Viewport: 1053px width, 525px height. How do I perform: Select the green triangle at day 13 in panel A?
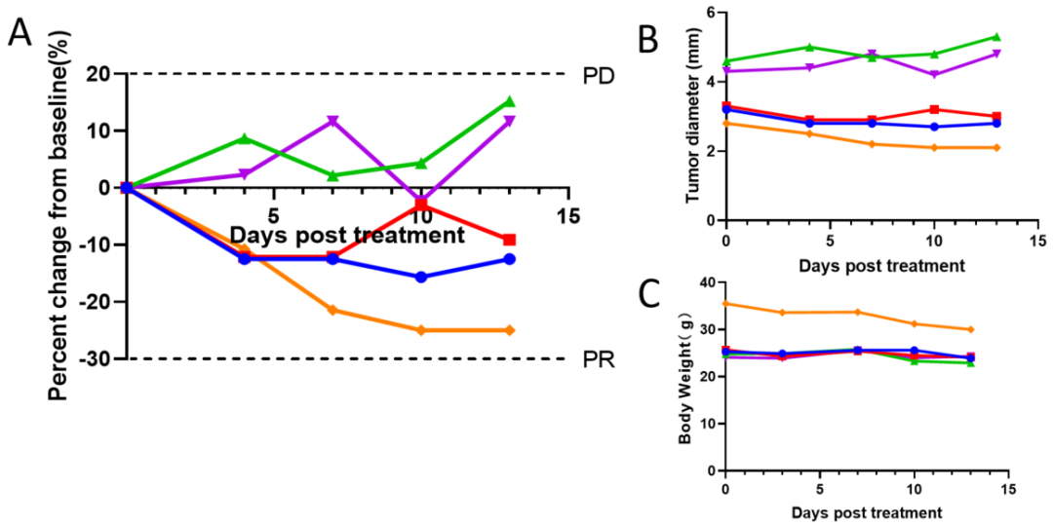[x=509, y=101]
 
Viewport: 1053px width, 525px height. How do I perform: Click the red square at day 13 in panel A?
[x=509, y=240]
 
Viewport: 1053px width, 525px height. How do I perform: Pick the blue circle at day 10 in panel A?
[x=421, y=277]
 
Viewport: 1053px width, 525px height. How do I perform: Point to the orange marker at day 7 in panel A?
[x=332, y=310]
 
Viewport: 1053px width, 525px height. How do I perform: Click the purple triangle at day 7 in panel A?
[x=332, y=121]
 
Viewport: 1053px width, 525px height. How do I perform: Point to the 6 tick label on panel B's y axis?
[x=710, y=13]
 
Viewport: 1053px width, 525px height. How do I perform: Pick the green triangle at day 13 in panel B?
[x=995, y=37]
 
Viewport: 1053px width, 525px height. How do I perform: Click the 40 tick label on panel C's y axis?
[x=705, y=282]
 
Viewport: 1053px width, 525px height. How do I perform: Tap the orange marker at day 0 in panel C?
[x=725, y=303]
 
